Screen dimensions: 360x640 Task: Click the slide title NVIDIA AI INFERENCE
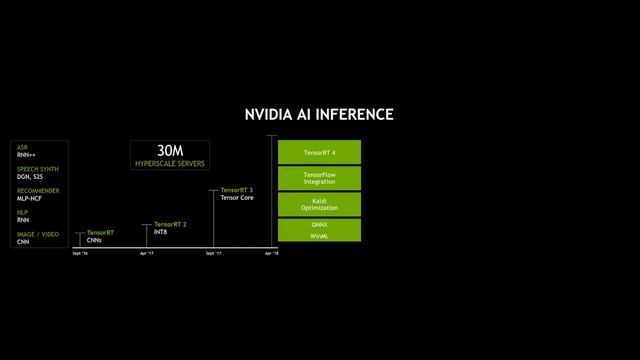pos(319,115)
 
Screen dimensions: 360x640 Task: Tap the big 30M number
pos(169,150)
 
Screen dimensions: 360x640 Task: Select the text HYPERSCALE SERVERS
pos(169,162)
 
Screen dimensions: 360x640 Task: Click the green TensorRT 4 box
pos(319,152)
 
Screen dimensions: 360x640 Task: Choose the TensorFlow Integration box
pos(319,178)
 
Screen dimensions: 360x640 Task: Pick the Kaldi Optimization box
pos(319,204)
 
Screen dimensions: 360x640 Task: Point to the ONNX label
pos(319,225)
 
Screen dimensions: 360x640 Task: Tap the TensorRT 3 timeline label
pos(237,190)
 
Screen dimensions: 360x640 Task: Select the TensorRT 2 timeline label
pos(170,224)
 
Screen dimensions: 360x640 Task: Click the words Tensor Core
pos(237,198)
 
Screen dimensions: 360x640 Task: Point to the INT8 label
pos(161,232)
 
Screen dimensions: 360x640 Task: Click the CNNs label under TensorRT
pos(94,240)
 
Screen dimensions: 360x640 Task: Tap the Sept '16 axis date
pos(80,254)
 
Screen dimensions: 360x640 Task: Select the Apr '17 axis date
pos(146,254)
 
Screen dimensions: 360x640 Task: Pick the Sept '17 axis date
pos(213,254)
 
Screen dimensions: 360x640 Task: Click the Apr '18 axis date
pos(271,254)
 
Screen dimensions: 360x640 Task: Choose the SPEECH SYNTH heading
pos(38,169)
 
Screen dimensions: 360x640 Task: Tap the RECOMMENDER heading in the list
pos(38,191)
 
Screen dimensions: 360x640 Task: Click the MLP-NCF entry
pos(29,199)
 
